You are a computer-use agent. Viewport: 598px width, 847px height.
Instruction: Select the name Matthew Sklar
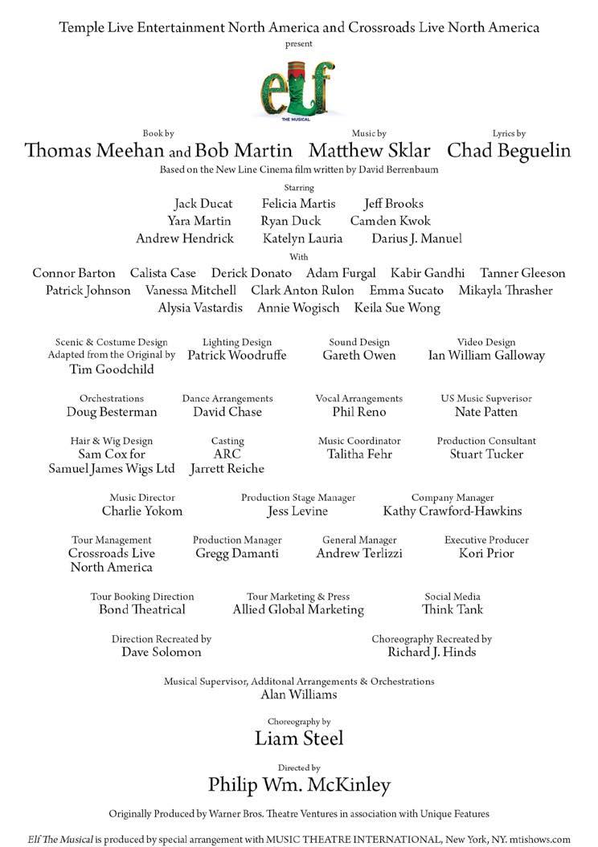pos(369,151)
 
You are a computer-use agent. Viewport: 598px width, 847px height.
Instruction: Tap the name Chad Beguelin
pos(509,151)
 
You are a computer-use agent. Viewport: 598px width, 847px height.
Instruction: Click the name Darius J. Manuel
pos(416,238)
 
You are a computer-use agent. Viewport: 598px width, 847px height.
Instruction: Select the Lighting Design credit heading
pos(237,342)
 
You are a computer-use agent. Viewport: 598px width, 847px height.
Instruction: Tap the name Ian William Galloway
pos(486,356)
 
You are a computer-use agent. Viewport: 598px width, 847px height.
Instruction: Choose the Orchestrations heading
pos(112,398)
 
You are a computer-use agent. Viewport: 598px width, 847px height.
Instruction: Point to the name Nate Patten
pos(486,412)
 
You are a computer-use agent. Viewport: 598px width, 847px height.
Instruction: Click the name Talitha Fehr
pos(359,454)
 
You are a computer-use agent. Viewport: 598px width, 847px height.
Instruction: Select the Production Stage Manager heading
pos(298,498)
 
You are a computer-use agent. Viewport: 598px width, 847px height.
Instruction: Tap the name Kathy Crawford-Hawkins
pos(453,511)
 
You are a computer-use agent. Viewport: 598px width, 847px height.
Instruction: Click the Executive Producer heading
pos(486,540)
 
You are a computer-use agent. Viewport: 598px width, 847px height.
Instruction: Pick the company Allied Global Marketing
pos(298,610)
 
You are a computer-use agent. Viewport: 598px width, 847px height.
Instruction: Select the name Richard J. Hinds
pos(432,653)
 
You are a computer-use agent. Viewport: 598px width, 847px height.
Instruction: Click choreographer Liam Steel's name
pos(298,738)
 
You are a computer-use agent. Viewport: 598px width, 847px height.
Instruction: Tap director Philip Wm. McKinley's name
pos(298,784)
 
